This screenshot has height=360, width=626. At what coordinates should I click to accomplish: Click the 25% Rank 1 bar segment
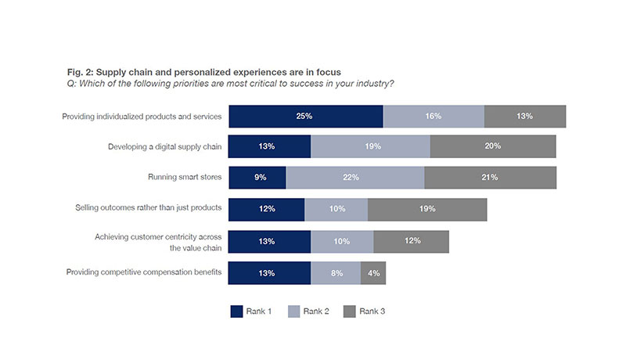click(305, 116)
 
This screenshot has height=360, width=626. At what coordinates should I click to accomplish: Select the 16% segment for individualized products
click(434, 116)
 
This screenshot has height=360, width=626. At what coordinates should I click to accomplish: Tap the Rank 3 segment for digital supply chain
click(493, 146)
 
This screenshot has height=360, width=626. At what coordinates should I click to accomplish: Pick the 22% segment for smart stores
click(355, 178)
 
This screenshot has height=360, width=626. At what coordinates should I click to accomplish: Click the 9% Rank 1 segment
click(257, 178)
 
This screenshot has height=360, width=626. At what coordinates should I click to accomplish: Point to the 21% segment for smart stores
click(491, 178)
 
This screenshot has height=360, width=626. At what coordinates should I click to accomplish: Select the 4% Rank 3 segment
click(373, 272)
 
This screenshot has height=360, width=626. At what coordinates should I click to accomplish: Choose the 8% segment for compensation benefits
click(336, 272)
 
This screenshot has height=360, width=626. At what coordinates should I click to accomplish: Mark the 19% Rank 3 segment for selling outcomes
click(427, 209)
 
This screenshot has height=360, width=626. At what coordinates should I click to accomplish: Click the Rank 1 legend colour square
click(237, 311)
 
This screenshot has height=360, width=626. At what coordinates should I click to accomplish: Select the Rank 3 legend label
click(372, 311)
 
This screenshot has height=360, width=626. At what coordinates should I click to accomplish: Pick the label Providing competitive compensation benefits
click(142, 272)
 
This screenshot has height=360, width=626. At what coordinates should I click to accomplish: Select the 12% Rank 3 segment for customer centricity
click(411, 241)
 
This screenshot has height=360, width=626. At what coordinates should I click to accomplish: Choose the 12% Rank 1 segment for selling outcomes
click(267, 209)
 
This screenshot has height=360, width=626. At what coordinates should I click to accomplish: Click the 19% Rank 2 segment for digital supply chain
click(370, 146)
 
